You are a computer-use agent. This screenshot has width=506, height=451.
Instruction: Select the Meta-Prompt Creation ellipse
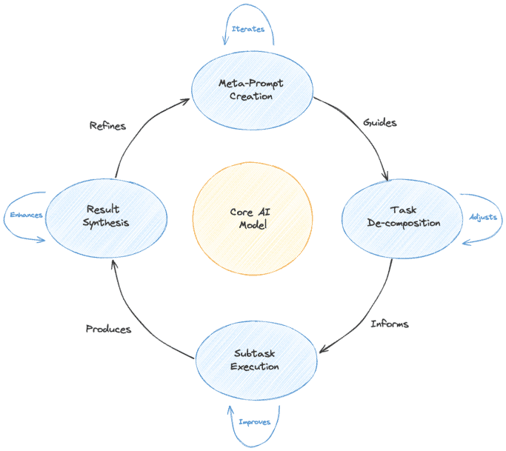tap(251, 90)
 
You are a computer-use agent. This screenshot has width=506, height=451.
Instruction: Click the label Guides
tap(379, 122)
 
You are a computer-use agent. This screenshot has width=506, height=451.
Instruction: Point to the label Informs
tap(389, 324)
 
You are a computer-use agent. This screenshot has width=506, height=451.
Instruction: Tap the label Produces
tap(108, 329)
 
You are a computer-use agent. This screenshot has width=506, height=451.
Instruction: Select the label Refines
tap(107, 126)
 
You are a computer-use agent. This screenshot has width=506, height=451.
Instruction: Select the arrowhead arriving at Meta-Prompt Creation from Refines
tap(187, 101)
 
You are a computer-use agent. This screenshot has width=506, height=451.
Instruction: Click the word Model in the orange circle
tap(253, 225)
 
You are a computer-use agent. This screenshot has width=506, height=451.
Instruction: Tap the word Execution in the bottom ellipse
tap(255, 367)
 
